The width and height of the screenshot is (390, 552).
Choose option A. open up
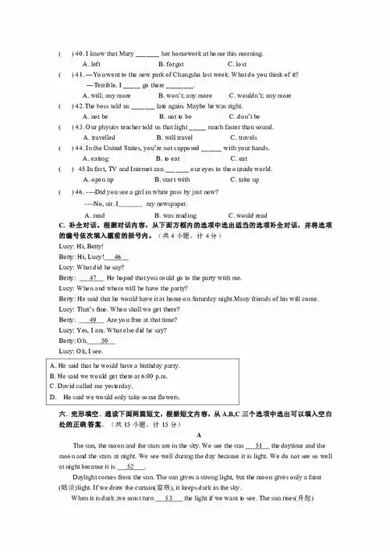[98, 179]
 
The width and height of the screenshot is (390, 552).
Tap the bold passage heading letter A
[200, 434]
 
